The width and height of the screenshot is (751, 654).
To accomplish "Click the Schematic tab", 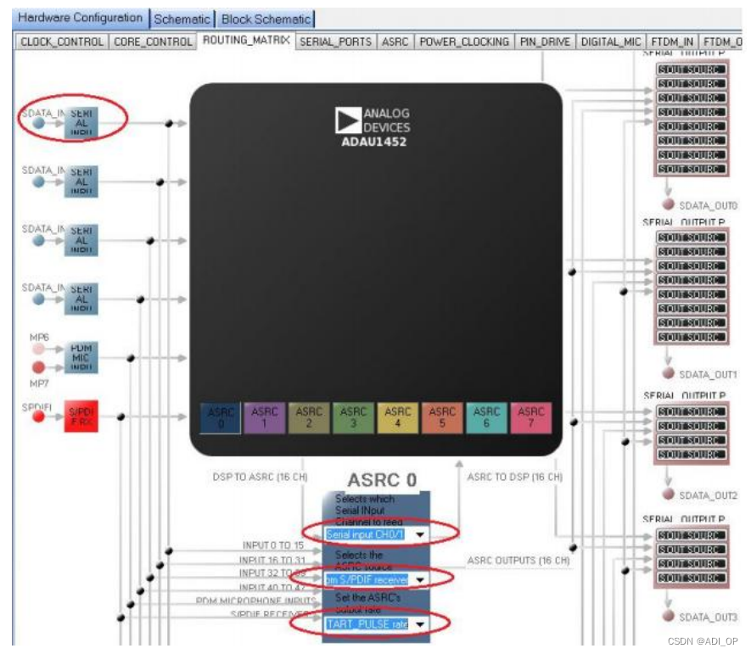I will (x=182, y=19).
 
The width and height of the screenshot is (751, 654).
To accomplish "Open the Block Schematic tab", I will (x=266, y=19).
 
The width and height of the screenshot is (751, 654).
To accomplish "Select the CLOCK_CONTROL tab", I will (x=62, y=41).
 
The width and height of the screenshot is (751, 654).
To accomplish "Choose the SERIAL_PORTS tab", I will (x=337, y=41).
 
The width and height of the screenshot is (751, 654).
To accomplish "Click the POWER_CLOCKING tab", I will (x=464, y=41).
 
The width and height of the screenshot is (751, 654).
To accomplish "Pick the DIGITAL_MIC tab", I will (x=610, y=41).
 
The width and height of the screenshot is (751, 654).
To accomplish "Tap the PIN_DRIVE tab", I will (x=546, y=41).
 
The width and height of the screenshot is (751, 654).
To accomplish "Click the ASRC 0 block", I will (x=221, y=418).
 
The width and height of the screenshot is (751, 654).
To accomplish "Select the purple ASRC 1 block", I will (x=265, y=418).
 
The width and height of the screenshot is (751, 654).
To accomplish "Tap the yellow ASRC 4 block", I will (x=397, y=418).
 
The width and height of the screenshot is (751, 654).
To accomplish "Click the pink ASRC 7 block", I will (x=530, y=418).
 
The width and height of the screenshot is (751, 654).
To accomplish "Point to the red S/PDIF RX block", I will (x=81, y=416).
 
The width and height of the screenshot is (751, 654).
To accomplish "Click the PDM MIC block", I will (x=81, y=357).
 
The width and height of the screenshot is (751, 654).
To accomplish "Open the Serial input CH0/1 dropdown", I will (x=419, y=534).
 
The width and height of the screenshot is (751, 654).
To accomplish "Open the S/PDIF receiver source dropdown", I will (x=419, y=580).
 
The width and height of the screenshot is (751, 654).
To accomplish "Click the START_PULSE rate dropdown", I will (x=419, y=624).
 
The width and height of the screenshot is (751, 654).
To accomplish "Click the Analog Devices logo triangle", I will (x=347, y=120).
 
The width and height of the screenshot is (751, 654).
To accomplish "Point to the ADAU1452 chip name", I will (x=373, y=141).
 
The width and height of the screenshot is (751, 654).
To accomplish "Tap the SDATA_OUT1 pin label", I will (x=708, y=374).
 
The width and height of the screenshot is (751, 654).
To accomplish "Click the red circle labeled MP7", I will (x=39, y=366).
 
